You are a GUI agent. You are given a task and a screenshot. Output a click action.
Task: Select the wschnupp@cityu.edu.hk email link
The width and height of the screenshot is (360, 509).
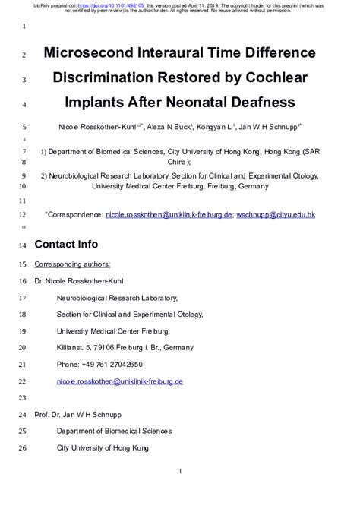[x=275, y=215]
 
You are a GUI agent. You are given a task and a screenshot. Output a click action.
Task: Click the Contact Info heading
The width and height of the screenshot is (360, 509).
[x=66, y=245]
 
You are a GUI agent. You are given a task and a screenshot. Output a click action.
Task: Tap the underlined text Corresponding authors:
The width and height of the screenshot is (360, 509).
[x=72, y=264]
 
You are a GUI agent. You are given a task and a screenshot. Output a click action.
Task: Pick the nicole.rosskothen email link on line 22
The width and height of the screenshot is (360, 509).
[x=120, y=381]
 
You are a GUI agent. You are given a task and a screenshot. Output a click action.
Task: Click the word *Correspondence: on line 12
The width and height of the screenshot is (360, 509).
[x=74, y=215]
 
